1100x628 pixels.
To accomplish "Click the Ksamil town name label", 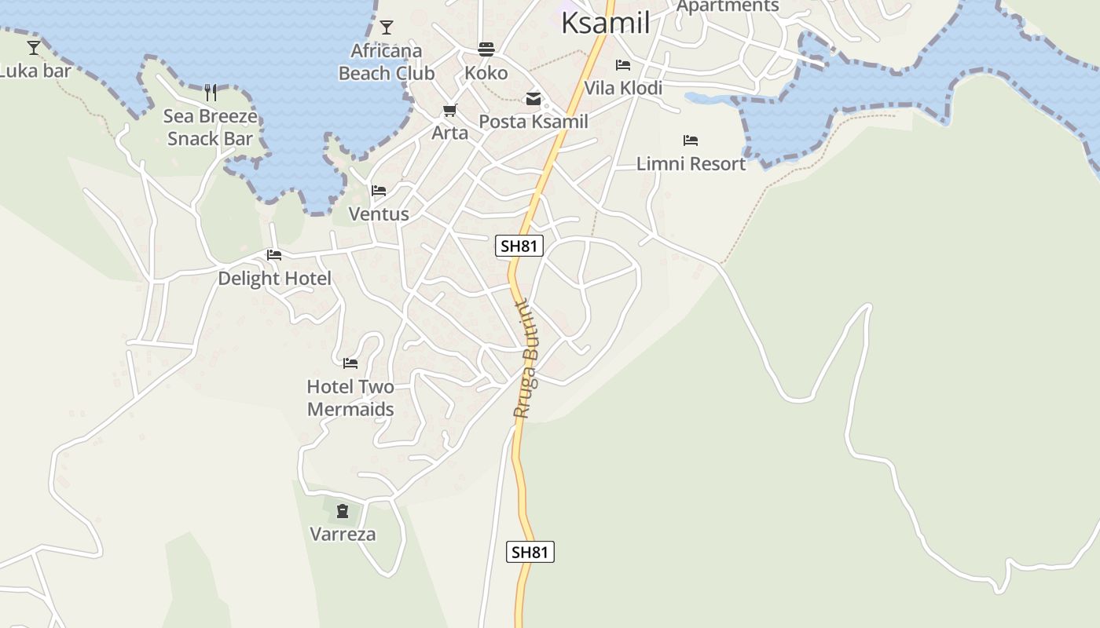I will tap(606, 24).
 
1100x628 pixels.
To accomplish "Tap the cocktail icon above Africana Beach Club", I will tap(387, 28).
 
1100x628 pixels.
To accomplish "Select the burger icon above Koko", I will tap(486, 50).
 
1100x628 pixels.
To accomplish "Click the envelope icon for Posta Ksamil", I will tap(533, 99).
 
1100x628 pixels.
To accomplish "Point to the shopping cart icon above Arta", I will tap(450, 111).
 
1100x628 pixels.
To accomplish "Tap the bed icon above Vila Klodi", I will tap(623, 65).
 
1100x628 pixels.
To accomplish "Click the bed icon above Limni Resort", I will tap(691, 141).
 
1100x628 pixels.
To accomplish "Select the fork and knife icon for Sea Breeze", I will tap(211, 93).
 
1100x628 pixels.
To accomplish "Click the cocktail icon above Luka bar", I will tap(34, 48).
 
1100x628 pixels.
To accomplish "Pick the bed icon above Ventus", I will tap(379, 191).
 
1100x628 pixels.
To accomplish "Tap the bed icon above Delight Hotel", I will tap(274, 255).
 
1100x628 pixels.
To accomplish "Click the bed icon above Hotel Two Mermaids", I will tap(350, 363).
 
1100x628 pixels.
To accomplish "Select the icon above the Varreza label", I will tap(343, 511).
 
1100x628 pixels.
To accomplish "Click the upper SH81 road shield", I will tap(519, 246).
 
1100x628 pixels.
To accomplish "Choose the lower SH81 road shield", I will tap(530, 552).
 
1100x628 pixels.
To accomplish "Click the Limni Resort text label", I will tap(691, 164).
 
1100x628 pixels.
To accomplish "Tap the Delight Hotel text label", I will tap(274, 279).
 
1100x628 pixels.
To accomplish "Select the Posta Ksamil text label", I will tap(533, 122).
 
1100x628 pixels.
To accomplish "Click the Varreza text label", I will tap(343, 535).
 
